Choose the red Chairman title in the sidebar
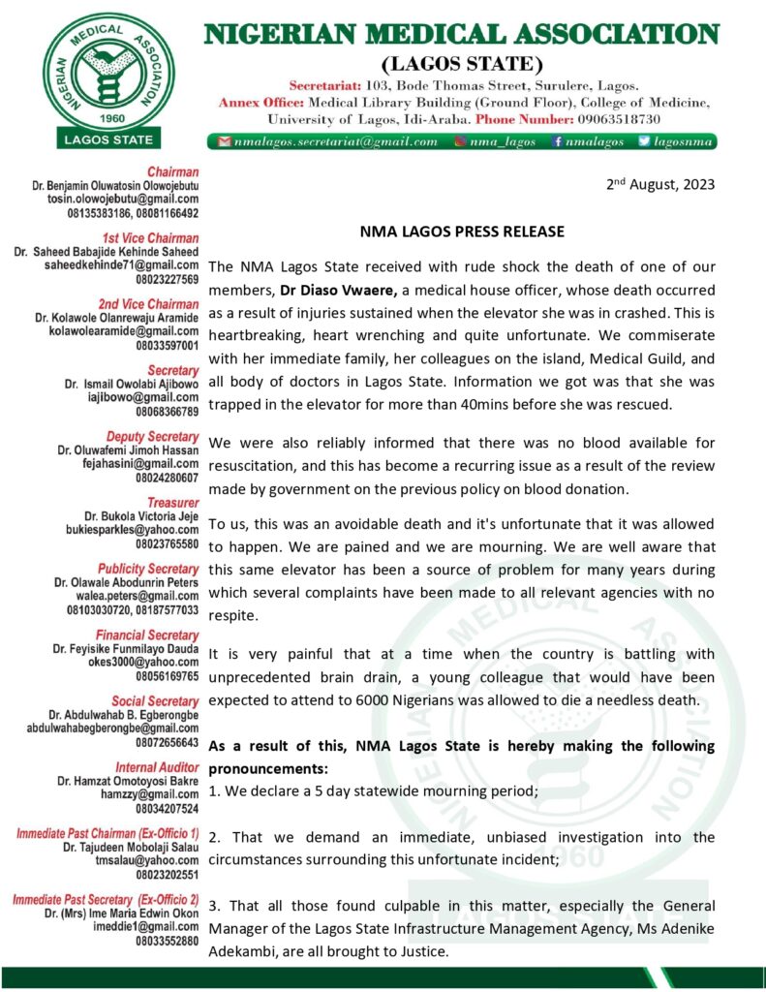pos(173,171)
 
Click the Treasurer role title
pos(172,502)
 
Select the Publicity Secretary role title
pos(148,568)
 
